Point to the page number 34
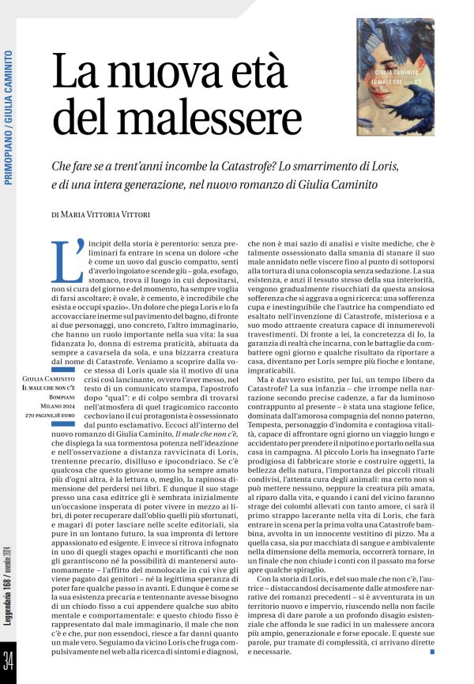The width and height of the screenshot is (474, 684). click(x=9, y=658)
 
